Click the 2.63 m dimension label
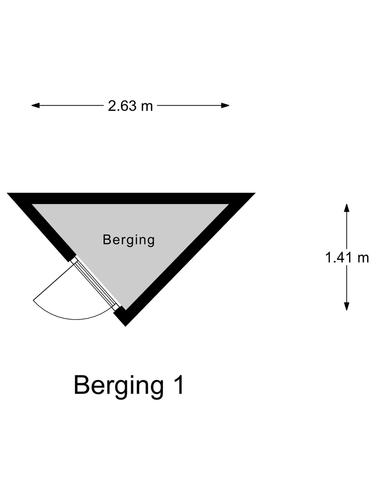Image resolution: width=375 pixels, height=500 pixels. [130, 106]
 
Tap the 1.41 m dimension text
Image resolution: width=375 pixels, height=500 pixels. [347, 258]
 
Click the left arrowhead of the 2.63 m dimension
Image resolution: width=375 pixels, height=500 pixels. [35, 106]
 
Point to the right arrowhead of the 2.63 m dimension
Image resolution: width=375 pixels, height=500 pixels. [225, 106]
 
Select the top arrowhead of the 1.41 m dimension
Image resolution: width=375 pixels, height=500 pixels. [347, 208]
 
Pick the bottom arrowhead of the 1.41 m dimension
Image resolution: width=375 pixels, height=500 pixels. [347, 306]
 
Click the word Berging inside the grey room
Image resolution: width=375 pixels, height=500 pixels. [128, 240]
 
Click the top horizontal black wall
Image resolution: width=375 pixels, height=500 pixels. [131, 198]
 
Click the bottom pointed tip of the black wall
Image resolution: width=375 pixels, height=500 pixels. [125, 326]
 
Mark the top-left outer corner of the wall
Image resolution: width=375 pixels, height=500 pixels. [7, 193]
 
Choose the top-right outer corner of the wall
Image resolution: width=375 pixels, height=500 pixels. [255, 193]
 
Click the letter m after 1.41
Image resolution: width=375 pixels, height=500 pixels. [363, 259]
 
